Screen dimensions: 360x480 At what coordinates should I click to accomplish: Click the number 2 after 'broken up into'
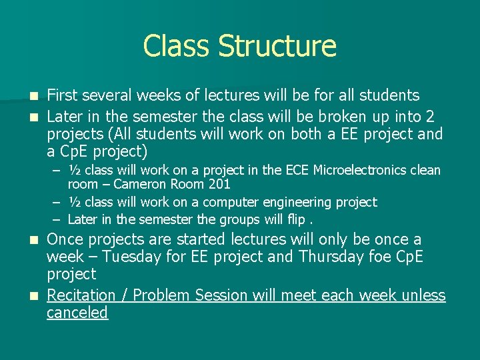pos(430,117)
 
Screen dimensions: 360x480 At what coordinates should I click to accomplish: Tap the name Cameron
pos(137,185)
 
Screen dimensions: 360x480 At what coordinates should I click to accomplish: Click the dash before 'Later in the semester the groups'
pos(58,219)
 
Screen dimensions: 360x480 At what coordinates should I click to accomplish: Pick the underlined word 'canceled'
pos(77,313)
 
